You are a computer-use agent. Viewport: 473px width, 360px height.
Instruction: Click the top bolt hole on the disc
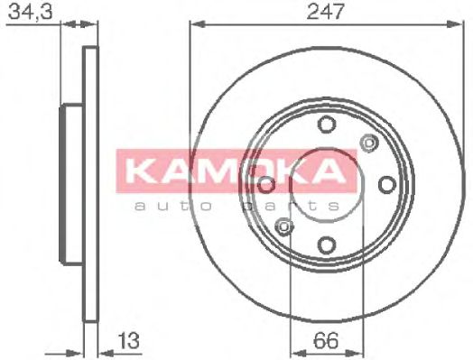[326, 125]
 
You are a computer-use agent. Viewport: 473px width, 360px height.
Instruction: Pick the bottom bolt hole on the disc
[326, 244]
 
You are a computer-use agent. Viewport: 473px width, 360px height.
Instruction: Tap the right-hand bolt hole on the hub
[386, 184]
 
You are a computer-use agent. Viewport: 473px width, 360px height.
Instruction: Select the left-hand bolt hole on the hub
[266, 184]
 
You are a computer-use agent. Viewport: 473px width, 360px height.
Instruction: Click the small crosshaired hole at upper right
[367, 142]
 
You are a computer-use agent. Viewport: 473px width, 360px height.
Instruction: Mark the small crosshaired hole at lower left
[284, 226]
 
